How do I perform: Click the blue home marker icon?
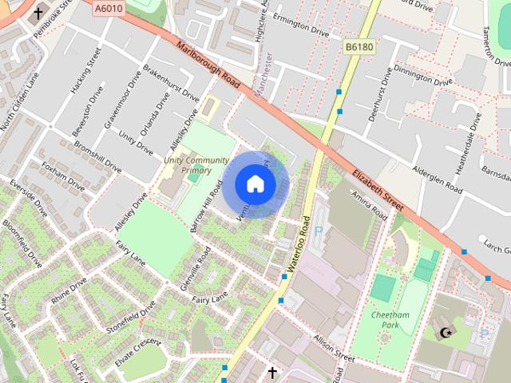(x=255, y=184)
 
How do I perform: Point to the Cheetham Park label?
(x=390, y=320)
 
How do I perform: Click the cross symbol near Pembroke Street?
(x=38, y=14)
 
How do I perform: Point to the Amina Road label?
(x=368, y=206)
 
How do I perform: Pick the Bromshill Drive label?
(x=97, y=158)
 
